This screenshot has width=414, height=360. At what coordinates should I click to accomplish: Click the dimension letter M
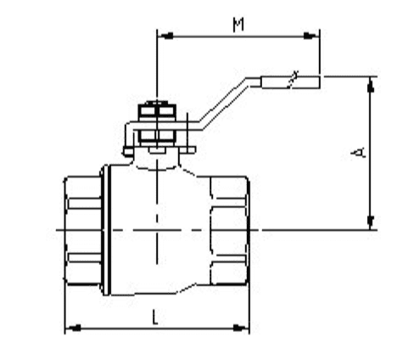pyautogui.click(x=238, y=25)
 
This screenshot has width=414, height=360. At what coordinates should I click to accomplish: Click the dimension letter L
pyautogui.click(x=154, y=317)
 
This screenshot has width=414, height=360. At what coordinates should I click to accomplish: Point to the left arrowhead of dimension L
pyautogui.click(x=73, y=329)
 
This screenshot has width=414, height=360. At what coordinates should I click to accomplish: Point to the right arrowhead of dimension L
pyautogui.click(x=241, y=329)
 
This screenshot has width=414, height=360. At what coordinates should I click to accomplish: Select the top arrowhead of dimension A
pyautogui.click(x=371, y=84)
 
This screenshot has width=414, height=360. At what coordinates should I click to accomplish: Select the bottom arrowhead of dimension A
pyautogui.click(x=371, y=222)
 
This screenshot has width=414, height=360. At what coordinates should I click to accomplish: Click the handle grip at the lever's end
pyautogui.click(x=290, y=82)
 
